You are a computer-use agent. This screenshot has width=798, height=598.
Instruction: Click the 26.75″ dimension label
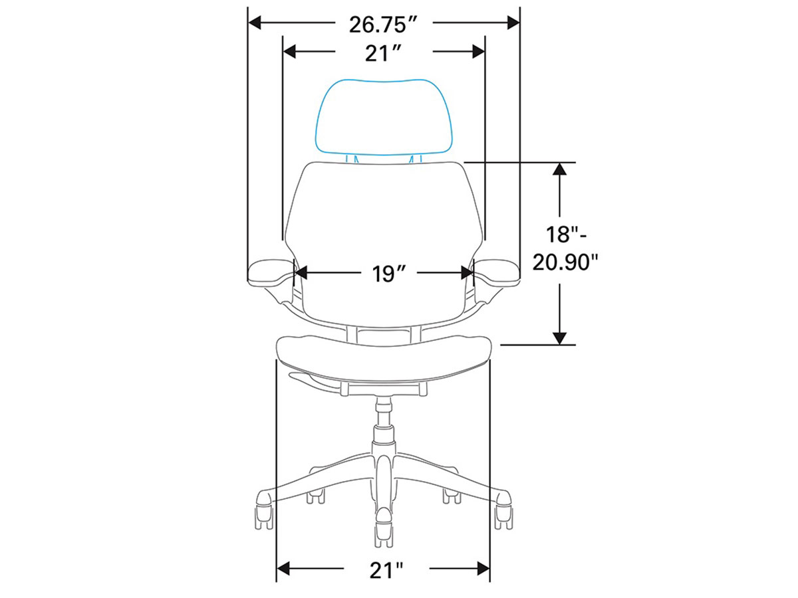coord(382,25)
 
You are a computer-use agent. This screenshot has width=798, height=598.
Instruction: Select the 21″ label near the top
coord(382,53)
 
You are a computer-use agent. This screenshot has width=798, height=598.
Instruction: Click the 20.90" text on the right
coord(565,262)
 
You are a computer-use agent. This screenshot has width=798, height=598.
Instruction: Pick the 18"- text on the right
coord(565,234)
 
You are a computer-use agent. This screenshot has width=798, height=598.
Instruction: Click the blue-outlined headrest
coord(382,117)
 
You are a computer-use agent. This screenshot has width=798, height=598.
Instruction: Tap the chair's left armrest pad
coord(271,270)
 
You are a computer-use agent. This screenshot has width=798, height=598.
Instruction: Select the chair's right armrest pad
coord(496,270)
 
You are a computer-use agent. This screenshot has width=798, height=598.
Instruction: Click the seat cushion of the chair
coord(384,358)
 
